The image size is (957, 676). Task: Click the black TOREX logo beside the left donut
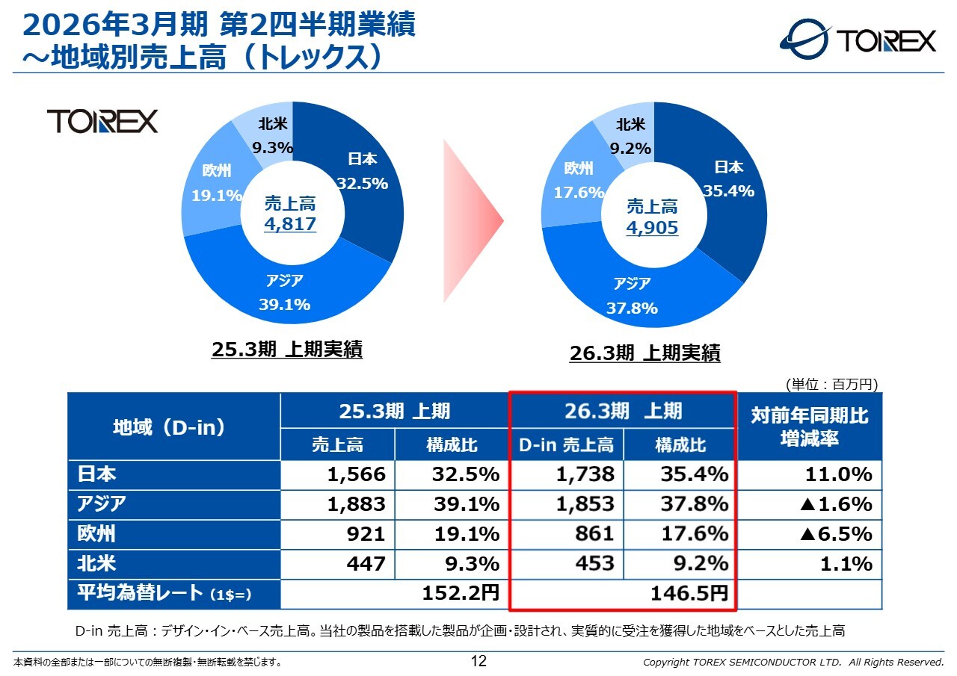tap(102, 120)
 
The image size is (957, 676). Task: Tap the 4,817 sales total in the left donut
tap(290, 224)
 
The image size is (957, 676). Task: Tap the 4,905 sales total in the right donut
tap(652, 227)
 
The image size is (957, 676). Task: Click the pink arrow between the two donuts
tap(473, 220)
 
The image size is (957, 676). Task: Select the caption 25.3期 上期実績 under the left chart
tap(287, 350)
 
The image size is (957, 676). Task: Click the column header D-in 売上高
tap(566, 446)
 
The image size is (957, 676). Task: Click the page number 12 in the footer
tap(478, 661)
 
